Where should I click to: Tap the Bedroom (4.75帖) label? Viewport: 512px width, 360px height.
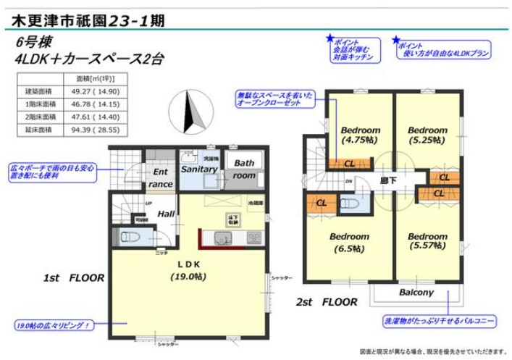[360, 135]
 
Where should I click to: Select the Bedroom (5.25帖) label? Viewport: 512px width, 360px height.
[427, 135]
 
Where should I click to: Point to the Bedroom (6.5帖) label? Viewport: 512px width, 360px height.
[349, 242]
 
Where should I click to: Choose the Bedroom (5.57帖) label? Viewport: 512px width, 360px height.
[427, 242]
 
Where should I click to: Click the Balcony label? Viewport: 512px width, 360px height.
[416, 293]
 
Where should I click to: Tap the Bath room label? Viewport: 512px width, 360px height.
[244, 169]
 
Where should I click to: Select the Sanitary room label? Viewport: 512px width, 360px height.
[199, 169]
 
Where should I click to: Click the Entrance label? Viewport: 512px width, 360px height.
[160, 178]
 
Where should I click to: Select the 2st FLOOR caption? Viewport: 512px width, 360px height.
[327, 301]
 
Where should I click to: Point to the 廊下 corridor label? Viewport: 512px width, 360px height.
[389, 180]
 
